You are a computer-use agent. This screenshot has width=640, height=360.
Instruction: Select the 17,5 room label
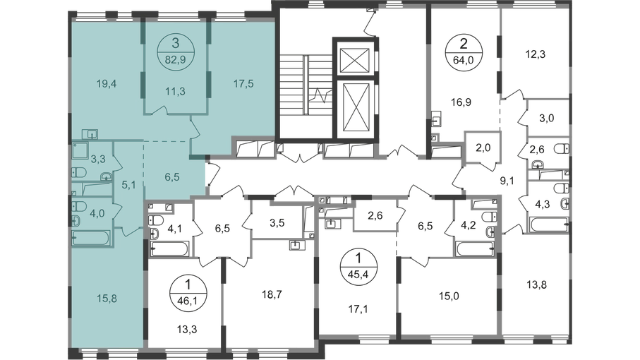point(243,84)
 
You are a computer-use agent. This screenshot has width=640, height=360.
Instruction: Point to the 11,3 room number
point(176,92)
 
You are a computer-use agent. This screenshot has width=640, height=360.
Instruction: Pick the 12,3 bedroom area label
point(535,54)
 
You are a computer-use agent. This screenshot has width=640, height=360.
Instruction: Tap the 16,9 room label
point(461,102)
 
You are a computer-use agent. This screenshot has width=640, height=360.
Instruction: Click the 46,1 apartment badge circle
point(188,294)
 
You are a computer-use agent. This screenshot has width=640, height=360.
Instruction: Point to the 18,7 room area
point(272,294)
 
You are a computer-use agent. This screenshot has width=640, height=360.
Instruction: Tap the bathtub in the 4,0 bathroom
point(90,239)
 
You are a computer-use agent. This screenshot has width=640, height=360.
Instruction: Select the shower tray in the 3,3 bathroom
point(81,150)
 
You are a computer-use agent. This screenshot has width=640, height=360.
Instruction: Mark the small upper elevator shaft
point(357,56)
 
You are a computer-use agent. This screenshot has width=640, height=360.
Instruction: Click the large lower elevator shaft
point(357,107)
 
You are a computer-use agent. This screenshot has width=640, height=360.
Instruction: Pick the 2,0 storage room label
point(483,148)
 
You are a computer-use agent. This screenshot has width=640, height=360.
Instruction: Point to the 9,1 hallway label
point(507,180)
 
